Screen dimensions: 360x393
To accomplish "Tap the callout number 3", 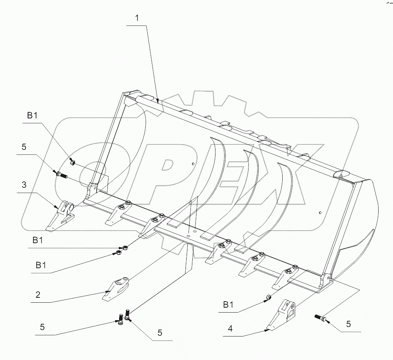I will pos(24,185).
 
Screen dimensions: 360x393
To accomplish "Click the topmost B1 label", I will pos(32,116).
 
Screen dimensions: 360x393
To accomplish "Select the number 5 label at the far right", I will pos(348,324).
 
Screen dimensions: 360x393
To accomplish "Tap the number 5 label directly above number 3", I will pos(24,147).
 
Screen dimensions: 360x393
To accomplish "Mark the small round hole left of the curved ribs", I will pos(193,164).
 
